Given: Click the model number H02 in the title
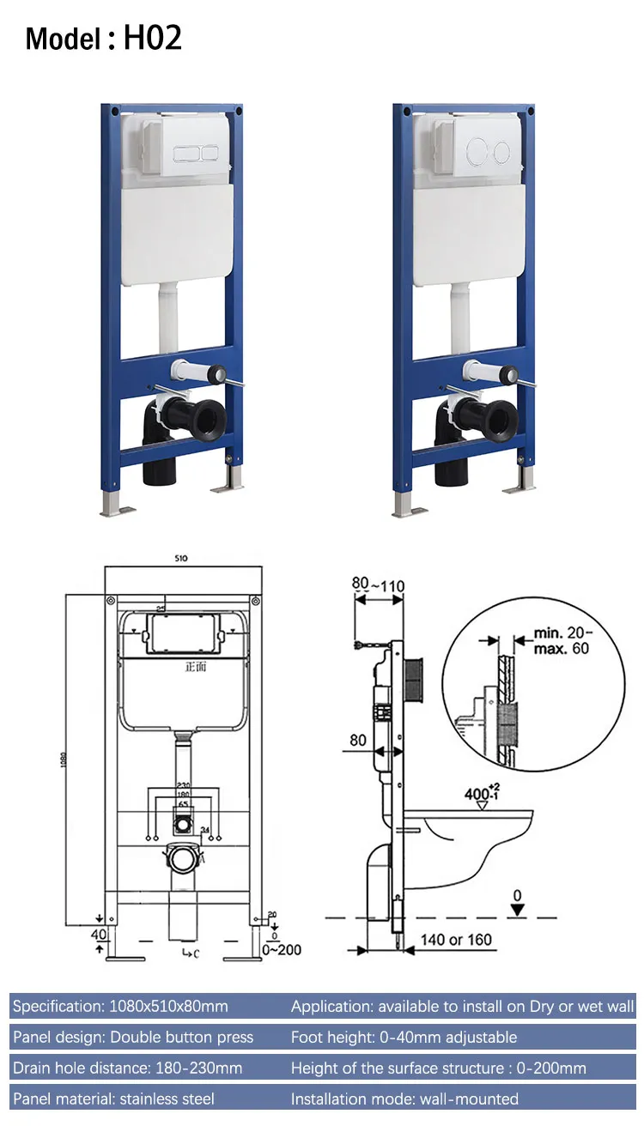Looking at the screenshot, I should pyautogui.click(x=153, y=38).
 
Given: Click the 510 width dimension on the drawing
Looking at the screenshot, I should pyautogui.click(x=181, y=558).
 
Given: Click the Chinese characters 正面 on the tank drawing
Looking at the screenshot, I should pyautogui.click(x=197, y=666).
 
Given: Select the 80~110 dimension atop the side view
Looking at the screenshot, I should pyautogui.click(x=378, y=585).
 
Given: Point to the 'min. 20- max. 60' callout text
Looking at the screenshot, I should pyautogui.click(x=562, y=641).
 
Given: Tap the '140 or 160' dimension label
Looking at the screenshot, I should pyautogui.click(x=456, y=940).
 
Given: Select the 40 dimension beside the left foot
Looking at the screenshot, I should pyautogui.click(x=100, y=935).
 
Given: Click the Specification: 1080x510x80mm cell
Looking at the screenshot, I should pyautogui.click(x=120, y=1006).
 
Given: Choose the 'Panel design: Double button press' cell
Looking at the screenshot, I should pyautogui.click(x=133, y=1037).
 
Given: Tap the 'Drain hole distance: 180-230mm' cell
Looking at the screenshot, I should pyautogui.click(x=127, y=1068).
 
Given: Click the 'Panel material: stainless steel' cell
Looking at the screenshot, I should pyautogui.click(x=113, y=1099).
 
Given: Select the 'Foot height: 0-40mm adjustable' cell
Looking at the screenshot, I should pyautogui.click(x=404, y=1037).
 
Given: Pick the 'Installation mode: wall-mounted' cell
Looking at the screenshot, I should pyautogui.click(x=404, y=1099).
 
